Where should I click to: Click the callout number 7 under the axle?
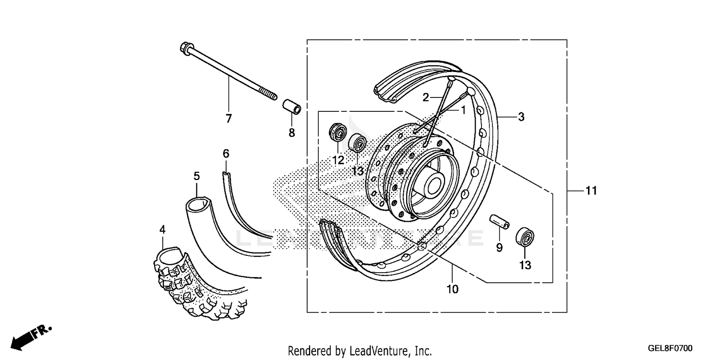[x=228, y=118]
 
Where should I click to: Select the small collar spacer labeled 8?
[x=291, y=107]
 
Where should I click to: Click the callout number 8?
[x=291, y=133]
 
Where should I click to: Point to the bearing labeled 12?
[x=337, y=132]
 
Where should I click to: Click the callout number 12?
[x=338, y=160]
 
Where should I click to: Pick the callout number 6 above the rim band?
[x=226, y=154]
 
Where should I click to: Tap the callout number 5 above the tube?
[x=197, y=176]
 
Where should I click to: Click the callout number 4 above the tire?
[x=163, y=230]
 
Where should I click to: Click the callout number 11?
[x=591, y=191]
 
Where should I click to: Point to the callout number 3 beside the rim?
[x=521, y=117]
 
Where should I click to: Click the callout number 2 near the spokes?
[x=425, y=98]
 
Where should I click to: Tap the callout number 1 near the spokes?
[x=463, y=110]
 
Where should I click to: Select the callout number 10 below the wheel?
[x=452, y=289]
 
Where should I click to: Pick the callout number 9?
[x=499, y=248]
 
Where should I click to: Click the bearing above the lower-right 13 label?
[x=525, y=238]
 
